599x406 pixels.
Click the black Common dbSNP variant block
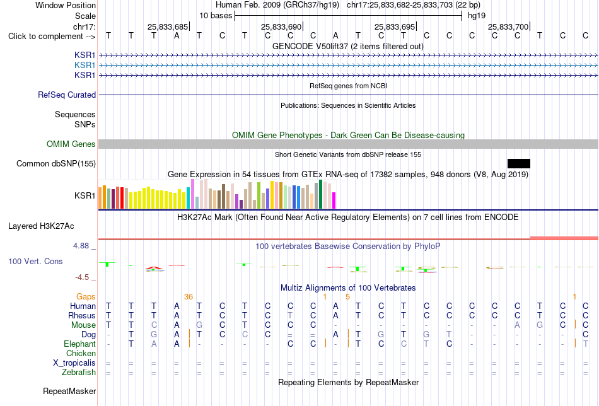point(519,163)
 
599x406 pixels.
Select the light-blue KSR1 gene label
point(85,66)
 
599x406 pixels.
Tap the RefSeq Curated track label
point(67,95)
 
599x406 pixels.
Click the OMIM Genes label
point(71,144)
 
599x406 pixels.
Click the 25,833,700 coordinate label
point(508,26)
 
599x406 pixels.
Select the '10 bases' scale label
point(216,16)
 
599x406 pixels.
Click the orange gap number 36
point(189,297)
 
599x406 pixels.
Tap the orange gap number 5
point(347,297)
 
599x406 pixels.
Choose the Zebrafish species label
point(79,373)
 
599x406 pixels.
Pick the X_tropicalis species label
point(74,363)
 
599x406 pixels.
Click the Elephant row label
point(79,344)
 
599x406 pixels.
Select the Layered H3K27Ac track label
point(41,226)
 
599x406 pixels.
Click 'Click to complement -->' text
point(52,37)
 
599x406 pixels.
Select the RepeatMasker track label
point(69,391)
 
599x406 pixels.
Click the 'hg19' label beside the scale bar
point(477,16)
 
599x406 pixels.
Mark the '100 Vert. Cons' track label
point(35,261)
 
